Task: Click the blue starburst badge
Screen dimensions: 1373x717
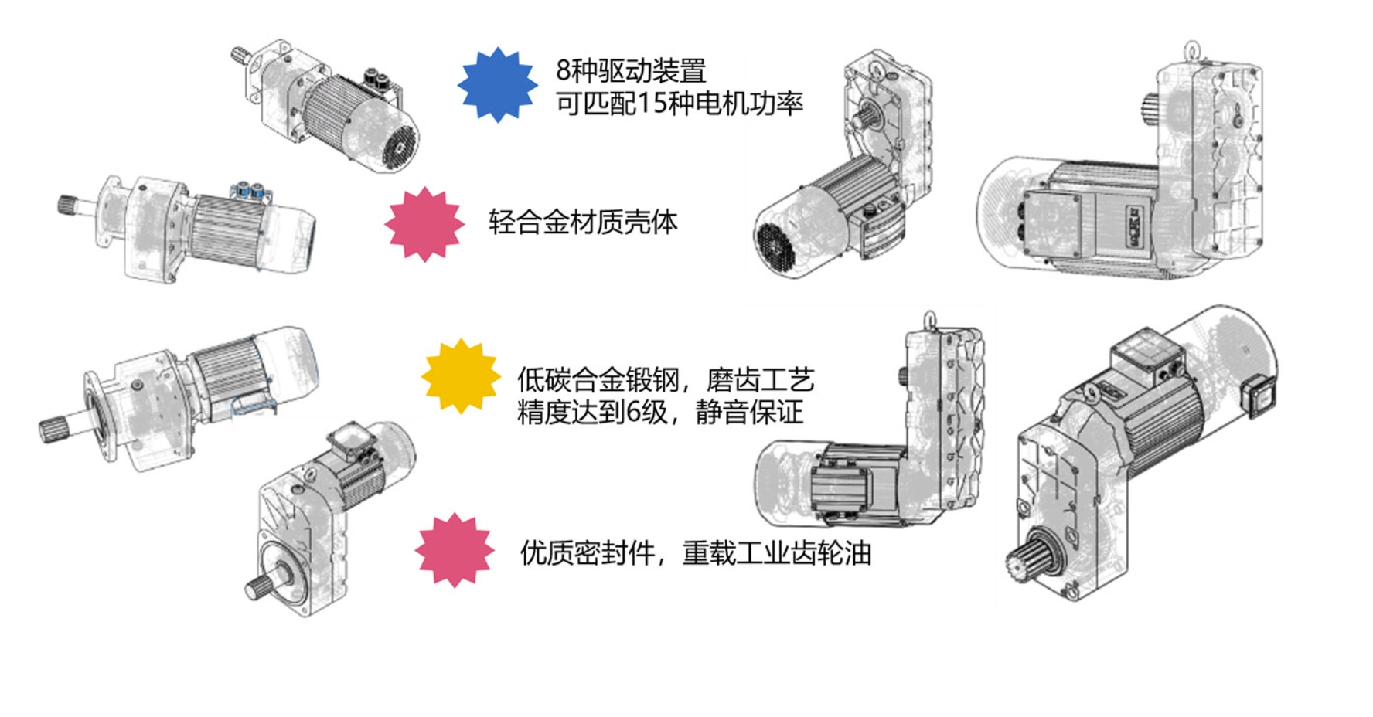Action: [497, 85]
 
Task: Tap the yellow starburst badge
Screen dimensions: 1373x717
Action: [461, 376]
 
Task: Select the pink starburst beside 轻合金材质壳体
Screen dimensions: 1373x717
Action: [424, 224]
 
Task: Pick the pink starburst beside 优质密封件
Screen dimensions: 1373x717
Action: [455, 551]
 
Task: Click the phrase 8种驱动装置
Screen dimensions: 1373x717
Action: [631, 71]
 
